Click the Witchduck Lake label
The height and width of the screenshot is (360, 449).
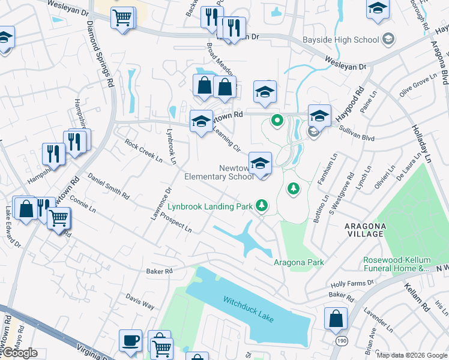point(248,308)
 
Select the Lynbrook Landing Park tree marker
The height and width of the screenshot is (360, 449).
point(261,206)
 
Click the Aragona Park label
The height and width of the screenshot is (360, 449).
point(299,262)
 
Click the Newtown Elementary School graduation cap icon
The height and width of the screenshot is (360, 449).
point(260,163)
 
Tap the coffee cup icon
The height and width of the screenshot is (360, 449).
point(130,341)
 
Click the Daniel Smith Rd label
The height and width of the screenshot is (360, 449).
point(109,187)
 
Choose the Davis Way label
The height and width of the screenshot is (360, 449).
point(140,301)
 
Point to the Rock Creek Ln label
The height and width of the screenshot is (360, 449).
point(143,151)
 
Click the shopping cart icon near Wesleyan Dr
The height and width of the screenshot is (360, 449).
point(123,18)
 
